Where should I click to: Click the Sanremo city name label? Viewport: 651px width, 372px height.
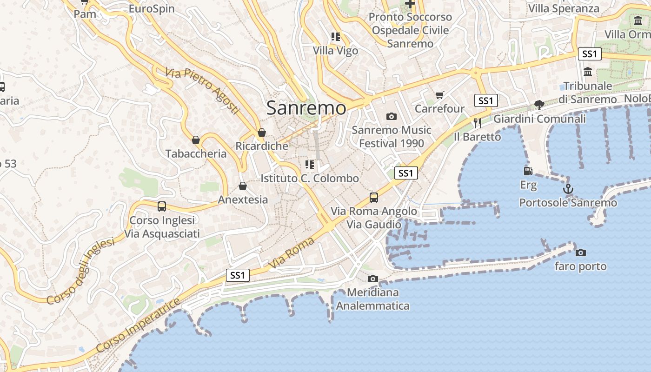tap(306, 108)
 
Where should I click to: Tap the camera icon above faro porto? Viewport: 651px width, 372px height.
tap(580, 252)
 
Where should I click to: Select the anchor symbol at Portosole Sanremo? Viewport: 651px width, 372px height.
tap(568, 189)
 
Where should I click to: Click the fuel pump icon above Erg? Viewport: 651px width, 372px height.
tap(528, 171)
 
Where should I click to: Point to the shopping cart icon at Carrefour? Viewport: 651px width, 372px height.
tap(439, 95)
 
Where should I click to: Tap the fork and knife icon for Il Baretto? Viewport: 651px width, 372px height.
tap(477, 123)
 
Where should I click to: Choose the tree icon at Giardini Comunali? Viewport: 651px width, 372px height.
tap(539, 105)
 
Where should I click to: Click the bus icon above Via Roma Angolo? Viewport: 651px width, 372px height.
tap(373, 198)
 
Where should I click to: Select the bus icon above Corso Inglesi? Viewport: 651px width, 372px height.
tap(162, 206)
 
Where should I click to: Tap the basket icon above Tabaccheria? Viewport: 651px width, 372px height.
tap(196, 139)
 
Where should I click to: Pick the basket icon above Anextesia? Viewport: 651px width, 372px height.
tap(242, 186)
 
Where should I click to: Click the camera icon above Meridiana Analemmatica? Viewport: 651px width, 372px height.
tap(372, 279)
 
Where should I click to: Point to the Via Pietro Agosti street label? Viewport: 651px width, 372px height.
tap(202, 91)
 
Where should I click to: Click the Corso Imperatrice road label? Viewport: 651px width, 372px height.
tap(138, 325)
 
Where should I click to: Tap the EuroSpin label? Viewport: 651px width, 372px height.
tap(152, 9)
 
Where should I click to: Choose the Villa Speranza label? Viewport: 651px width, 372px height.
tap(564, 8)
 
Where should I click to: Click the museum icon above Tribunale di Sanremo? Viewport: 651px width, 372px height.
tap(588, 72)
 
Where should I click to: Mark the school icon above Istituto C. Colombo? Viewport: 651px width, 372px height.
tap(310, 165)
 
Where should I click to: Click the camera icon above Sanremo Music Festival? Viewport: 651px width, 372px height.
tap(392, 116)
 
